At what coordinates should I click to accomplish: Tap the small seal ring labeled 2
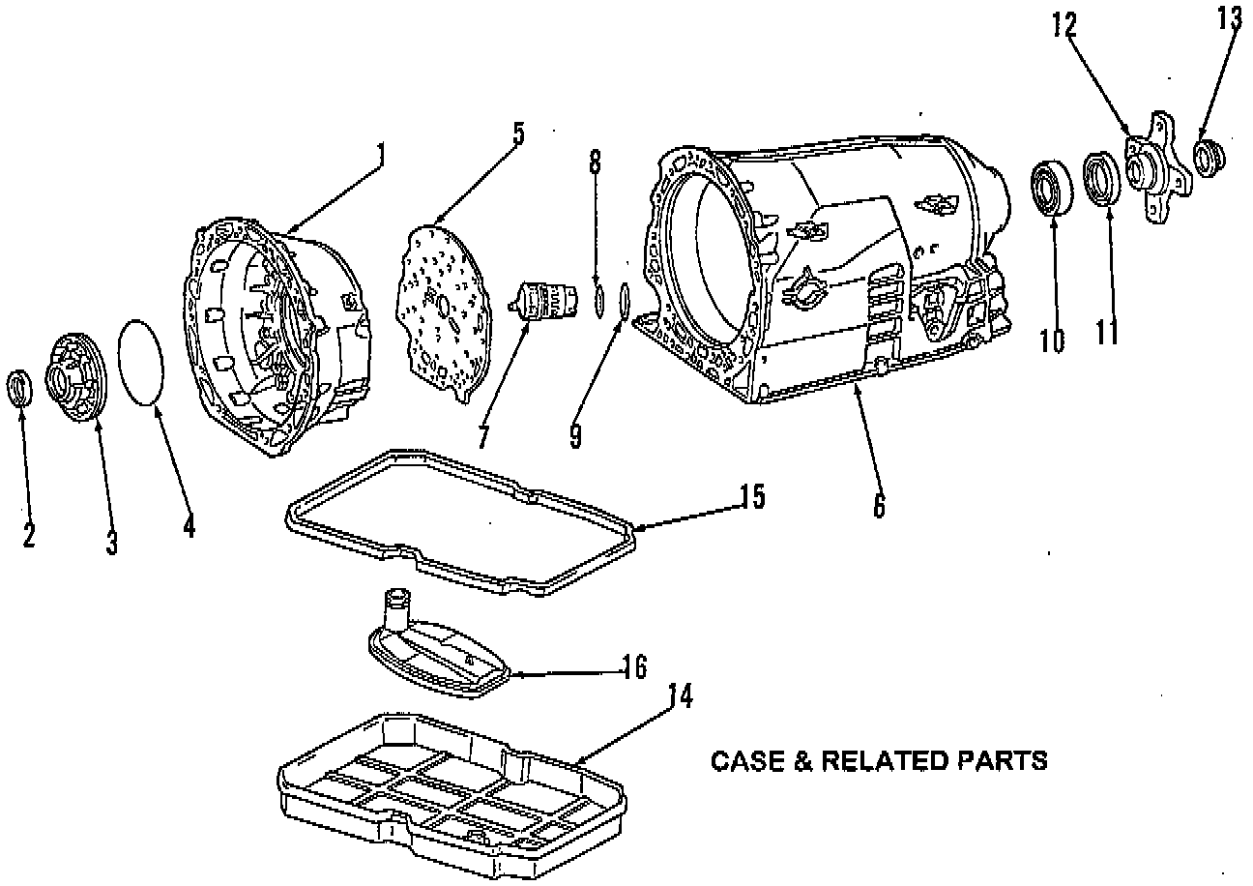point(21,387)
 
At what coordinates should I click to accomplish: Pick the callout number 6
point(878,504)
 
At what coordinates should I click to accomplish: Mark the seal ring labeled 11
point(1101,177)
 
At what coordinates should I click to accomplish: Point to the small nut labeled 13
point(1209,157)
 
